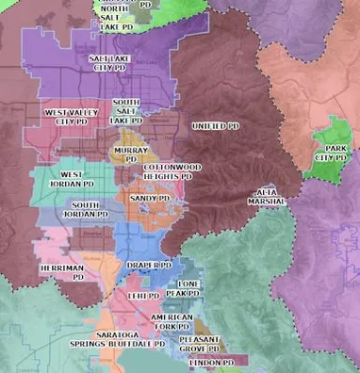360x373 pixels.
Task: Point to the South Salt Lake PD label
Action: (x=125, y=111)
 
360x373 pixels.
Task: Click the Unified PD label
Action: (x=216, y=125)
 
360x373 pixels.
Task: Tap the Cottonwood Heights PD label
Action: (x=168, y=171)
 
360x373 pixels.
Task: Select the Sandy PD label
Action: (x=150, y=199)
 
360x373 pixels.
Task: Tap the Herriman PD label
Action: (x=63, y=272)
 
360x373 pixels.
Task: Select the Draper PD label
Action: (x=149, y=266)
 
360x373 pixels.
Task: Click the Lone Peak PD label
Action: (x=188, y=288)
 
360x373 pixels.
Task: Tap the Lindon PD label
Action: (x=212, y=363)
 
